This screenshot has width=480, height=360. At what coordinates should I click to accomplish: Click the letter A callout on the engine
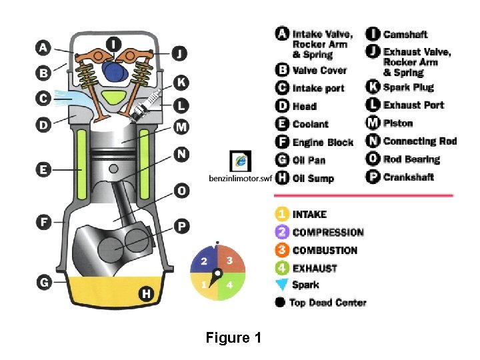point(43,47)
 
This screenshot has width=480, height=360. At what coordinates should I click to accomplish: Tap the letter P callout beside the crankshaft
point(181,227)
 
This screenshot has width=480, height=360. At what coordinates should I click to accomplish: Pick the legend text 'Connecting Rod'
point(419,141)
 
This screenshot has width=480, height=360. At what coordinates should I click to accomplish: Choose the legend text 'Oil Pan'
point(309,160)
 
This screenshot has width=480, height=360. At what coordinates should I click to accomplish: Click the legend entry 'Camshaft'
point(405,34)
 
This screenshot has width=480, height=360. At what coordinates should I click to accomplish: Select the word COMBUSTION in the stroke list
point(325,251)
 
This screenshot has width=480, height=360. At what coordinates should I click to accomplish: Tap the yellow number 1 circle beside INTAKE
point(282,215)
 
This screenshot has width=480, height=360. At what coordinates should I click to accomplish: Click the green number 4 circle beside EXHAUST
point(282,268)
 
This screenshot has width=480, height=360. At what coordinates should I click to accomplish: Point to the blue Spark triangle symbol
point(282,285)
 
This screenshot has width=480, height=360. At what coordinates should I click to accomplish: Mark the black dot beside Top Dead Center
point(281,303)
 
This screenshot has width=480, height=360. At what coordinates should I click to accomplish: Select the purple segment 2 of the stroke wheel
point(205,261)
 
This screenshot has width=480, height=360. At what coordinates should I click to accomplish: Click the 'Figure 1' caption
point(233,337)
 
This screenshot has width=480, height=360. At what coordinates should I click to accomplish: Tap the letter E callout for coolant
point(43,169)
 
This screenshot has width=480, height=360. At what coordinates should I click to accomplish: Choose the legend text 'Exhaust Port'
point(413,105)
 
